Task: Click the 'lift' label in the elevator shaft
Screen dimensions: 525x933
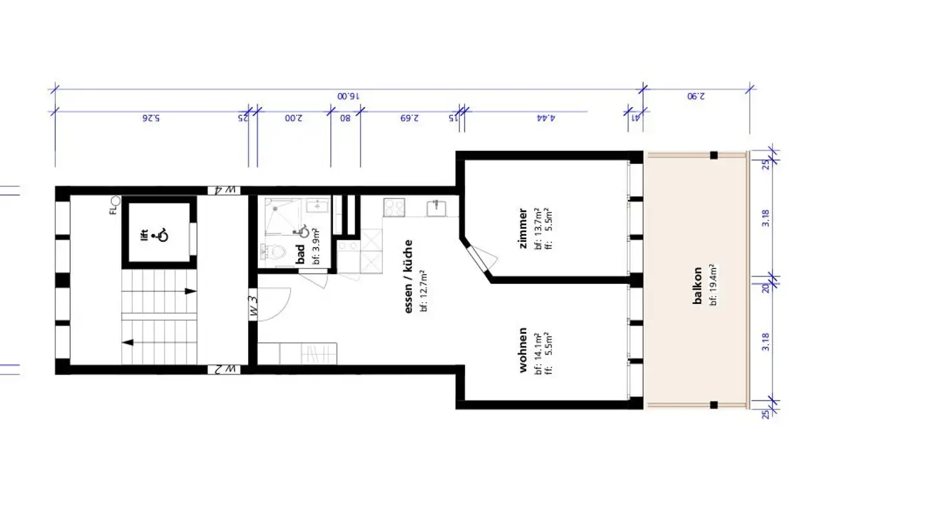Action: coord(144,235)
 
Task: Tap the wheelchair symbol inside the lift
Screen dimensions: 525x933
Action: coord(160,235)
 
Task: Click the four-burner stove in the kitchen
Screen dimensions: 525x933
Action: coord(394,207)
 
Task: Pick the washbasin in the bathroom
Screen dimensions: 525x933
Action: coord(317,207)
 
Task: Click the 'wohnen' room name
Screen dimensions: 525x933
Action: coord(522,350)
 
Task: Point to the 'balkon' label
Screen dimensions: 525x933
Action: coord(697,286)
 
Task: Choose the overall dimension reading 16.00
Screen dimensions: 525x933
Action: coord(347,95)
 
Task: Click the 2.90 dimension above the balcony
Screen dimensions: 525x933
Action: coord(696,95)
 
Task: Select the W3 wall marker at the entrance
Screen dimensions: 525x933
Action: coord(253,305)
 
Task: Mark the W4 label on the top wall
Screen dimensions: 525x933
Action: coord(224,190)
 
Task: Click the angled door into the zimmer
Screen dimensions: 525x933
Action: coord(479,260)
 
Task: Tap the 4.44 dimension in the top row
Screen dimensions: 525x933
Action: coord(546,119)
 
